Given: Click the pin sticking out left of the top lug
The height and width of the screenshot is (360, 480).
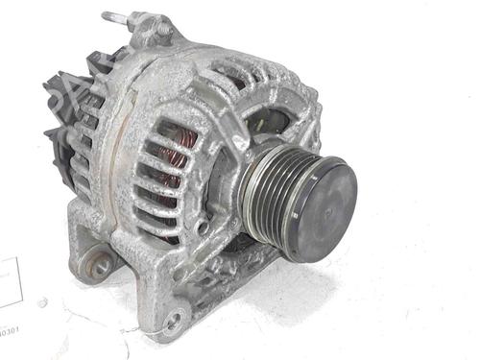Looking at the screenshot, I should coord(109,16).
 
